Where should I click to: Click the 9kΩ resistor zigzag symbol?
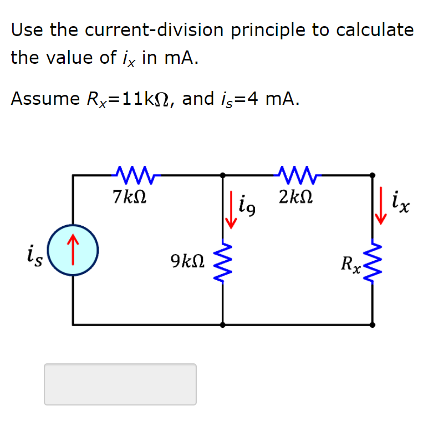(x=223, y=261)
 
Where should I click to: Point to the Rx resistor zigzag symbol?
(x=372, y=261)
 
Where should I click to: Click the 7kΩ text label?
(x=129, y=196)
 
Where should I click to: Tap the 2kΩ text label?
(x=295, y=196)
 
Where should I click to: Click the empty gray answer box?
(x=120, y=384)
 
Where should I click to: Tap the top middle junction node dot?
(x=223, y=175)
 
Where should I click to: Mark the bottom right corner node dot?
(x=372, y=324)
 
